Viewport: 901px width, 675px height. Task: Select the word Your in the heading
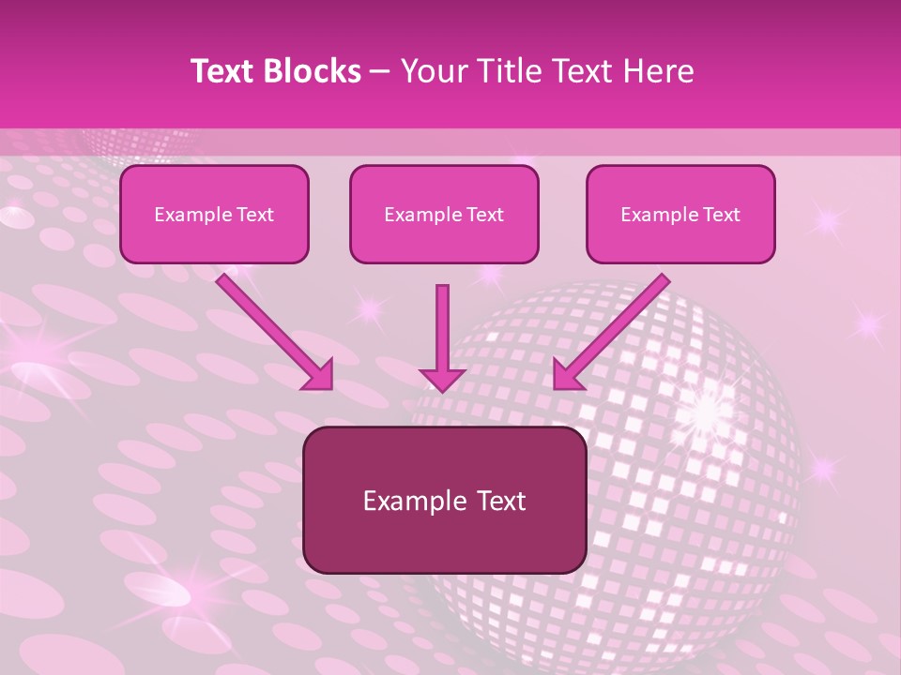432,71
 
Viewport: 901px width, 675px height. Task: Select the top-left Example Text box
214,215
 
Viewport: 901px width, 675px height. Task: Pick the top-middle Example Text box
444,215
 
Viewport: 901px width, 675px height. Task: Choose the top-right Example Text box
680,215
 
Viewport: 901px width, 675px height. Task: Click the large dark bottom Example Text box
444,500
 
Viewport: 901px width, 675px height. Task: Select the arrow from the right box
615,327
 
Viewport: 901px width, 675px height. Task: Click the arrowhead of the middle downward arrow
442,378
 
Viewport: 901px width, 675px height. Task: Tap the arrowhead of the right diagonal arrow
568,373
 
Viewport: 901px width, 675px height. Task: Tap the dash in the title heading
380,71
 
